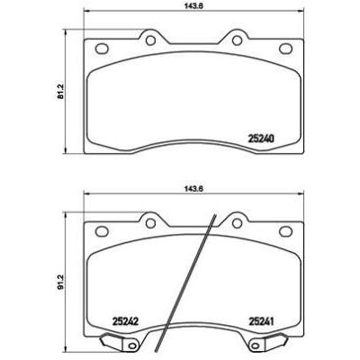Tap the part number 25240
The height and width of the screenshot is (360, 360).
coord(260,139)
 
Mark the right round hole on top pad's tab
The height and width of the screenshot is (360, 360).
coord(237,38)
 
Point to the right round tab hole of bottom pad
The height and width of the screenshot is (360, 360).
coord(237,220)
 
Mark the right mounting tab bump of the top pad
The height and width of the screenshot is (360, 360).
coord(237,34)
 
